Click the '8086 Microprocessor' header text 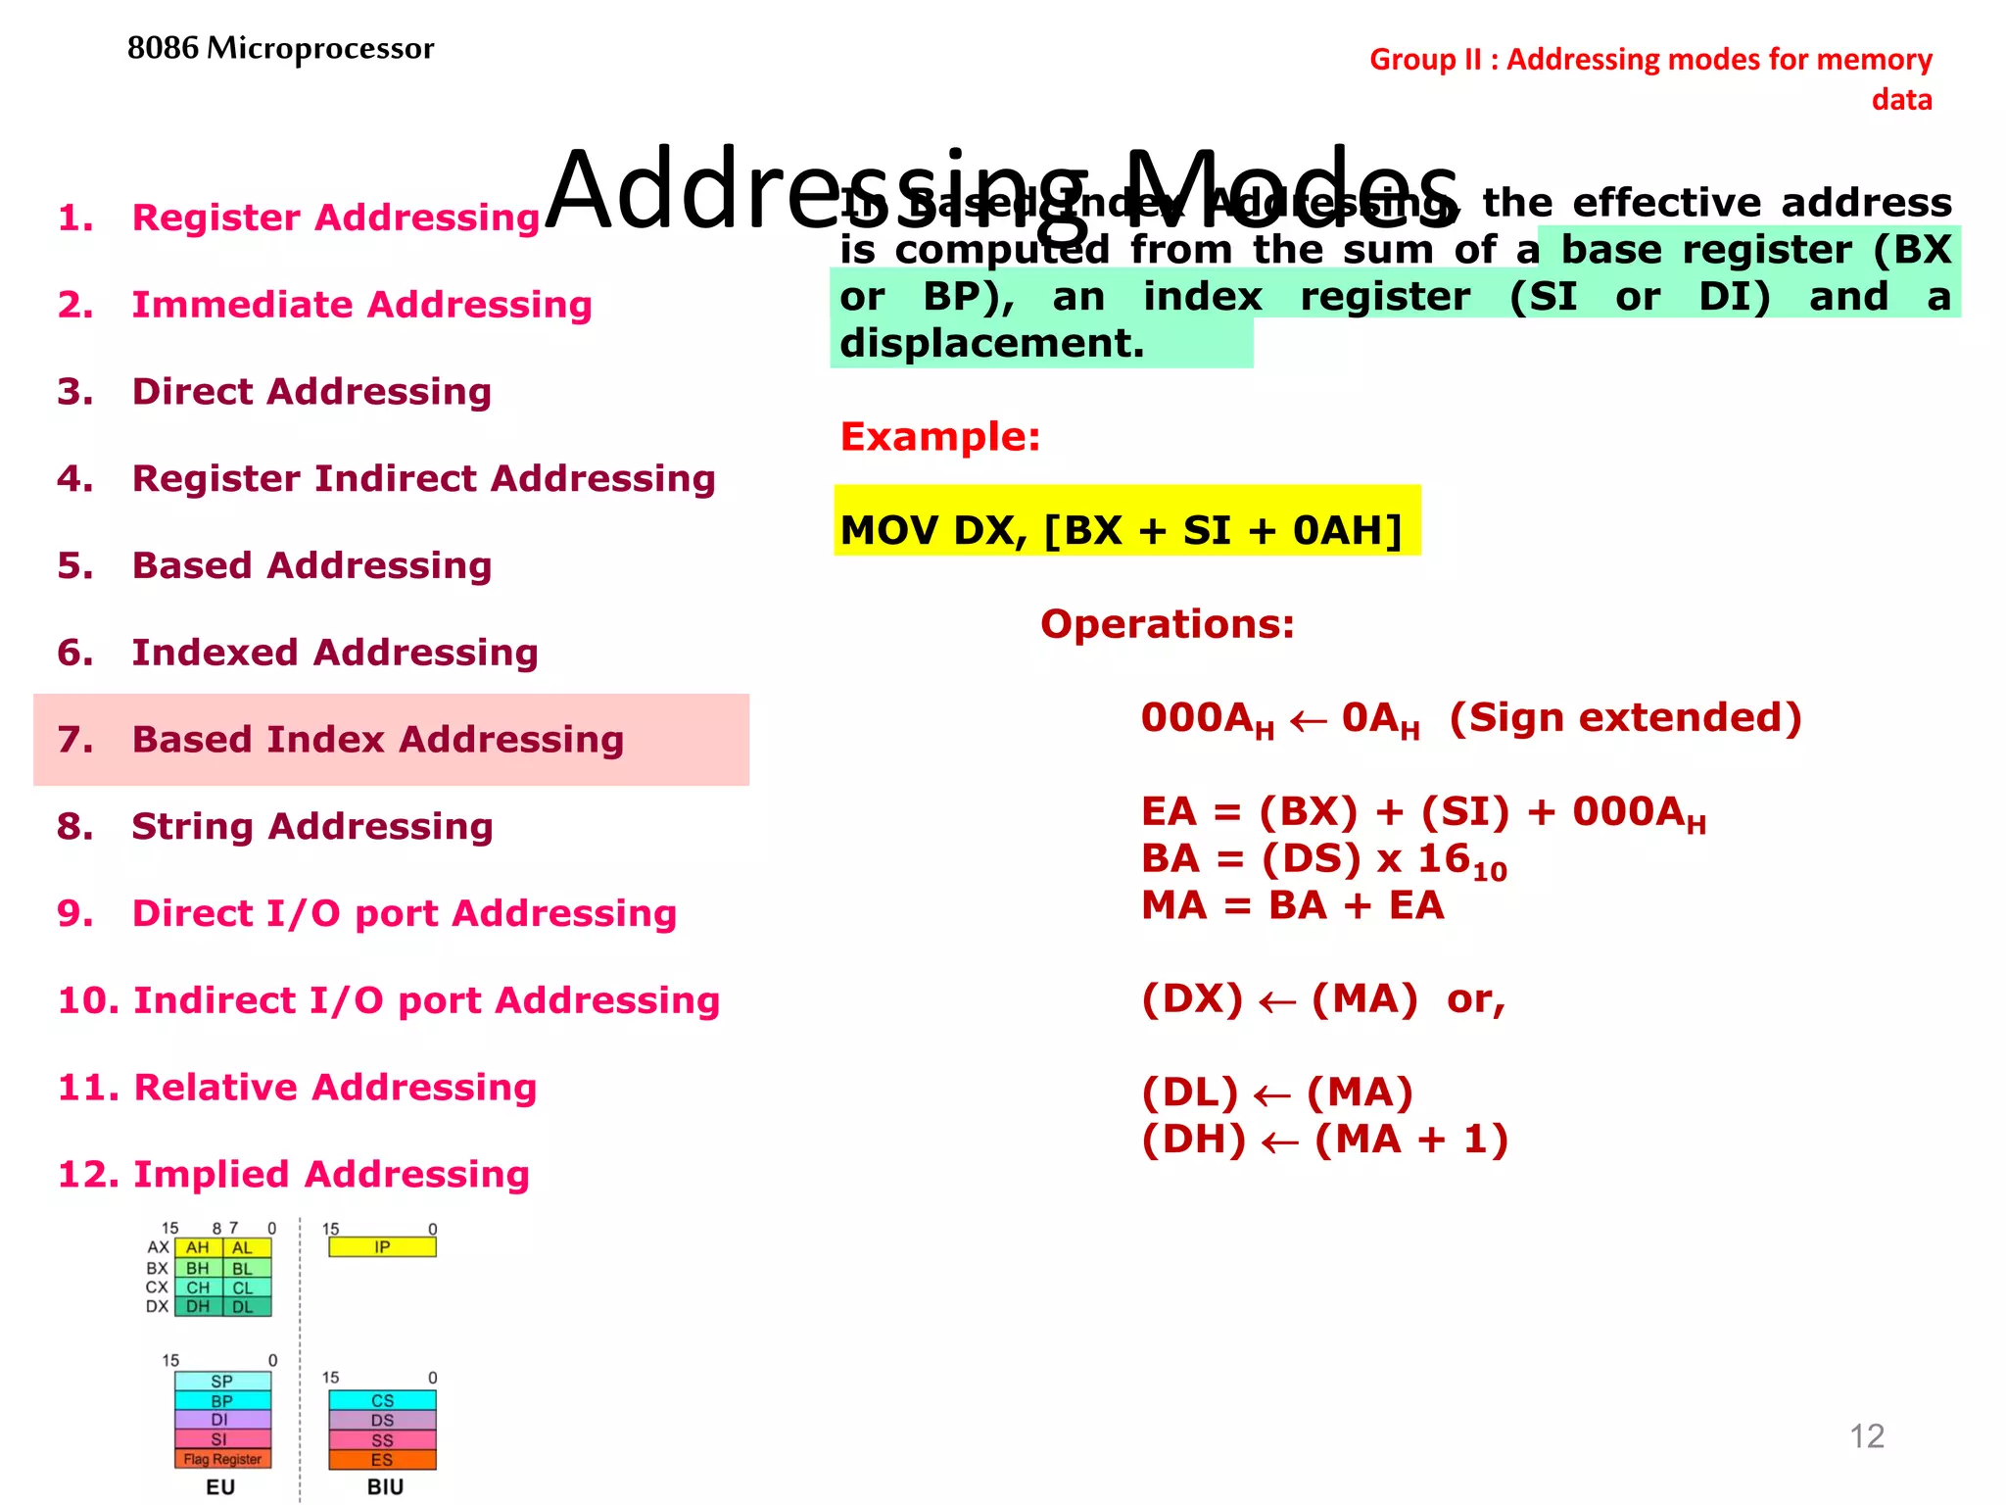[x=280, y=48]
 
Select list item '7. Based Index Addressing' [x=377, y=740]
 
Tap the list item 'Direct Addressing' [x=310, y=392]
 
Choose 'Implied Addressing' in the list [x=330, y=1174]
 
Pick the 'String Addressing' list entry [x=311, y=827]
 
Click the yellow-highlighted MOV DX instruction [x=1121, y=530]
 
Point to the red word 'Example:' [x=939, y=437]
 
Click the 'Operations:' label [x=1167, y=624]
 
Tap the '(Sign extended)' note [x=1624, y=718]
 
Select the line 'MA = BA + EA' [x=1292, y=905]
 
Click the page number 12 [x=1866, y=1436]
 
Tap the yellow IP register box [x=382, y=1247]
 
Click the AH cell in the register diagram [x=198, y=1248]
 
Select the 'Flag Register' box [x=222, y=1459]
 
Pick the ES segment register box [x=382, y=1460]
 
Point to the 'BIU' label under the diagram [x=385, y=1486]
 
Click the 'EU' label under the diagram [x=220, y=1486]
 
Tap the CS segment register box [x=382, y=1401]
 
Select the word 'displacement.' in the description [x=991, y=344]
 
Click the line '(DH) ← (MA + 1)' [x=1324, y=1140]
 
